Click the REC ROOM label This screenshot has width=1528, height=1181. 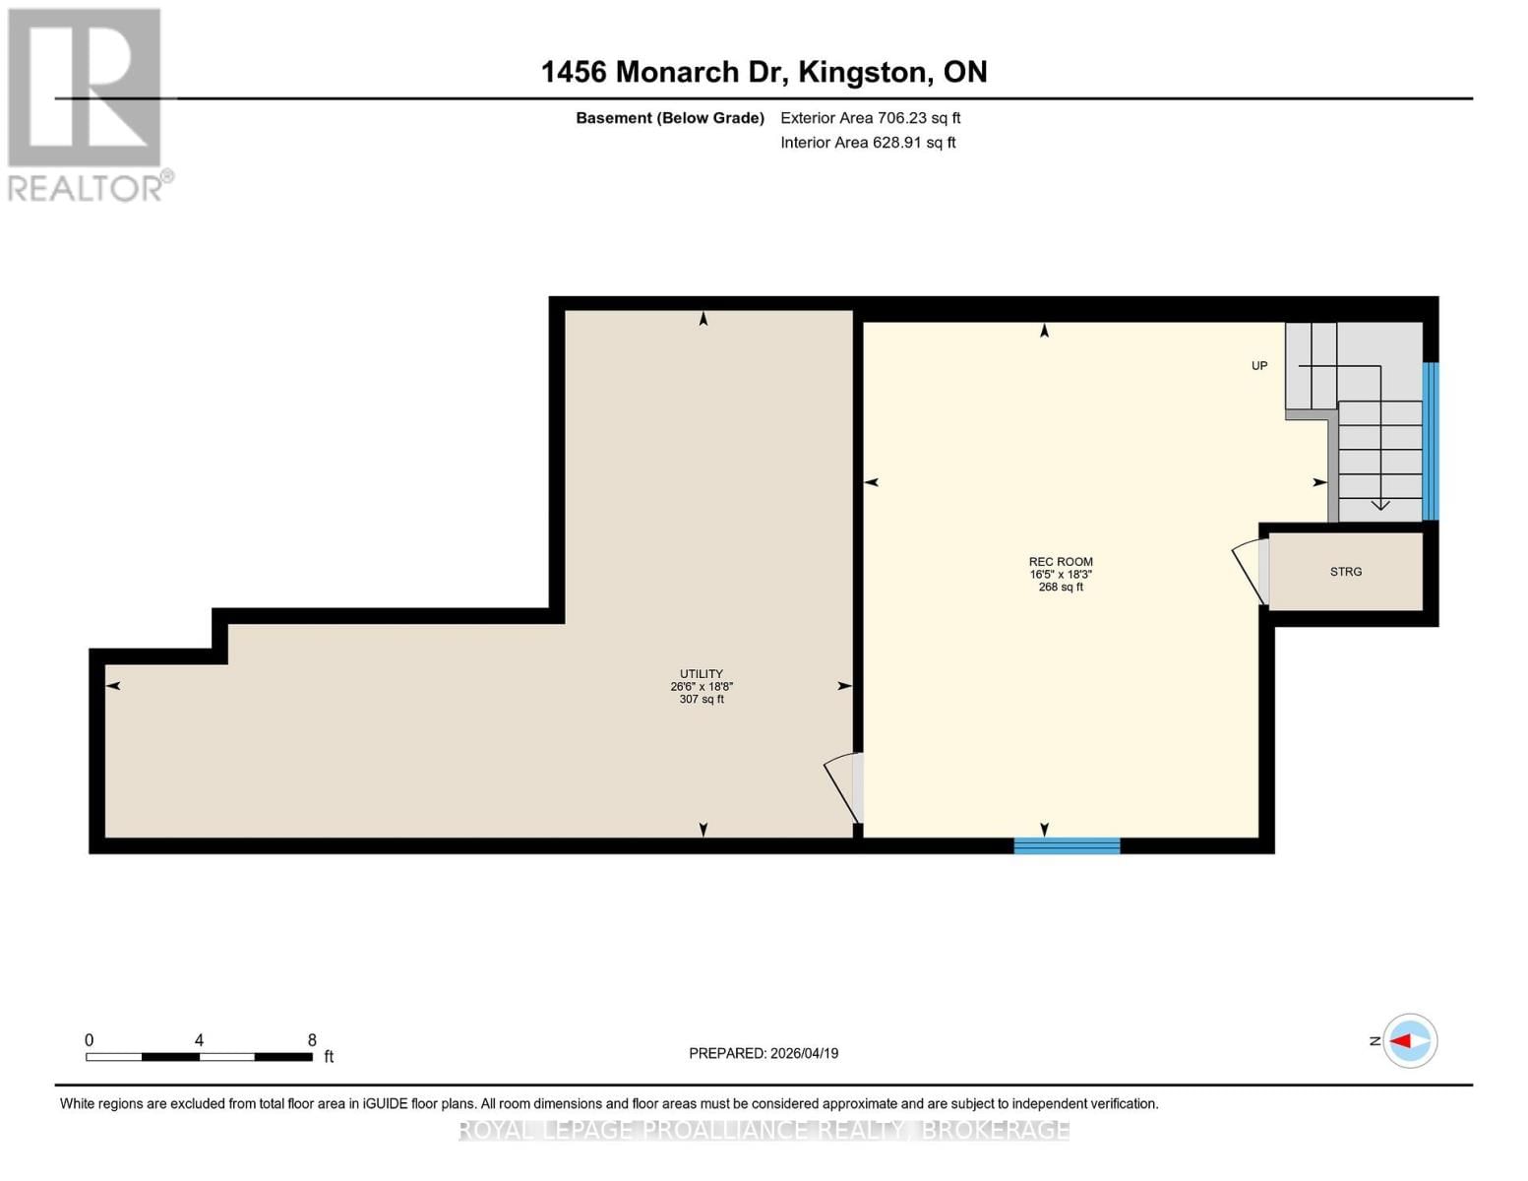coord(1061,562)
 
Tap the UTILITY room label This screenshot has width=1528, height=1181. coord(702,674)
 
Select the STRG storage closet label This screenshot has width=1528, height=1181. coord(1346,572)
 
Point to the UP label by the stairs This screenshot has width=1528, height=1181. coord(1259,366)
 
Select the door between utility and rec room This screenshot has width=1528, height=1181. coord(844,787)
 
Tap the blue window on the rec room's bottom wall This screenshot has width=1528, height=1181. coord(1067,845)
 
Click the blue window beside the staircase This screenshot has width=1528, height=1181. coord(1431,441)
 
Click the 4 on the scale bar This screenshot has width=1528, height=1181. coord(200,1040)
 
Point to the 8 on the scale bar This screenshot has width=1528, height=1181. coord(312,1040)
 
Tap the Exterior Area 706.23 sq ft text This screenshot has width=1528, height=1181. coord(870,118)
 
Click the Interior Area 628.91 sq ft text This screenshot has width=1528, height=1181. coord(868,143)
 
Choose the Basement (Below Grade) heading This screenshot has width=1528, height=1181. coord(670,118)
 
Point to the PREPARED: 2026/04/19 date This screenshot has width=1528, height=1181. coord(764,1053)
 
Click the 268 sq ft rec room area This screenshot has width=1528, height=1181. coord(1061,588)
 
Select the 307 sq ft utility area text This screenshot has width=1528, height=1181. coord(702,700)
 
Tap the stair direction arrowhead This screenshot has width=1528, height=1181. coord(1380,505)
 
